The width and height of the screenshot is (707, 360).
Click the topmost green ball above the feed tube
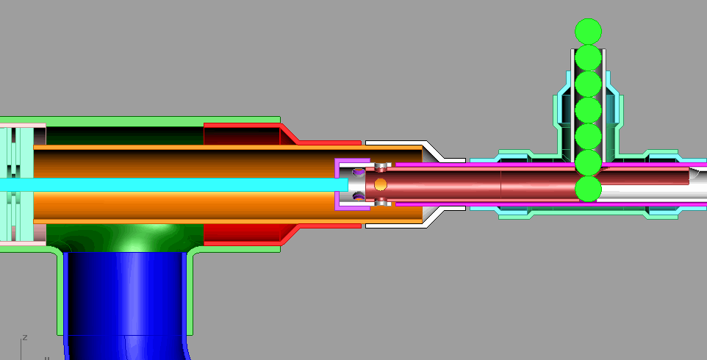click(x=588, y=30)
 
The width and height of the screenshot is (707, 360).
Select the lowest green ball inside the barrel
click(x=588, y=188)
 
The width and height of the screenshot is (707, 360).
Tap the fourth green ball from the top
click(x=588, y=110)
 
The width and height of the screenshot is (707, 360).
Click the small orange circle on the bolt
click(x=381, y=184)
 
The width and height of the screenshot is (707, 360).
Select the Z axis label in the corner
click(x=25, y=337)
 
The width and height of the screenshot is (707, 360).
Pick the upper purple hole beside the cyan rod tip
click(x=358, y=173)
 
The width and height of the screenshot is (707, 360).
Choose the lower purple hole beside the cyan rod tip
click(x=358, y=195)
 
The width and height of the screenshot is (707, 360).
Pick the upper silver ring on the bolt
click(x=381, y=166)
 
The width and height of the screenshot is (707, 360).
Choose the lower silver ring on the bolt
click(x=381, y=201)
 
